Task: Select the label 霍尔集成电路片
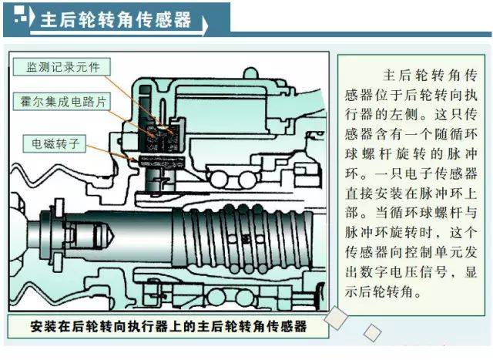click(x=65, y=101)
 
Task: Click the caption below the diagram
click(x=169, y=326)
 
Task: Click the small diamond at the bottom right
click(x=373, y=332)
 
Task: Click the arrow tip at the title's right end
click(x=206, y=26)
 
